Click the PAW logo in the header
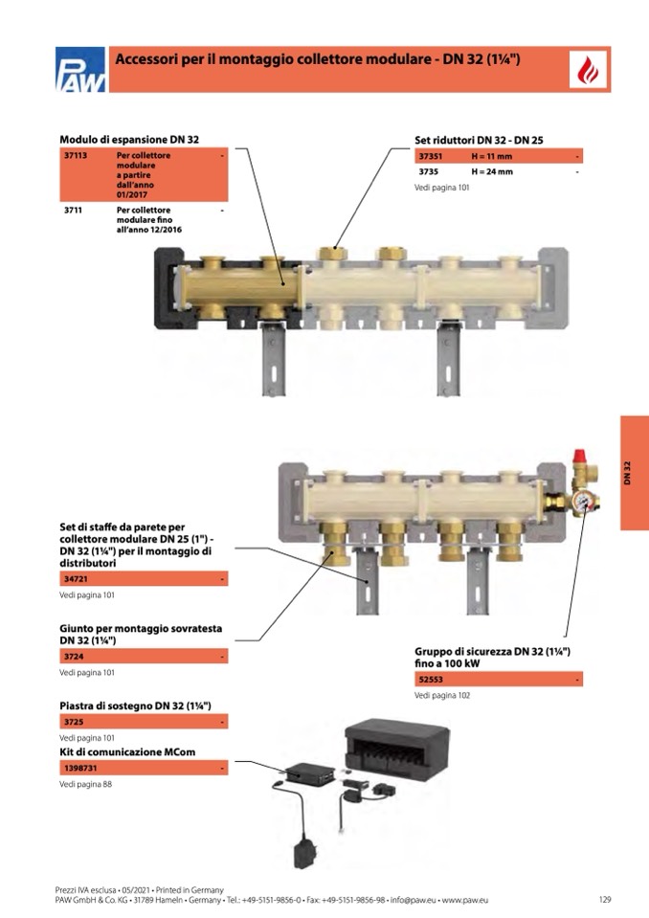tap(80, 69)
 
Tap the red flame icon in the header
tap(588, 70)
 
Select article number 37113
tap(76, 156)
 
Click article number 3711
tap(73, 211)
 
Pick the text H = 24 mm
tap(492, 172)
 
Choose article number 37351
tap(430, 156)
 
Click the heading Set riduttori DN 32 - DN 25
tap(479, 140)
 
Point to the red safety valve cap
tap(579, 456)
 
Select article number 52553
tap(431, 680)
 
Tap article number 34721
tap(76, 579)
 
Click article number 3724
tap(74, 657)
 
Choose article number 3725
tap(74, 722)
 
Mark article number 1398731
tap(80, 768)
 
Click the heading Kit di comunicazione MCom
tap(127, 751)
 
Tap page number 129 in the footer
tap(605, 899)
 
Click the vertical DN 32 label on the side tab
tap(627, 473)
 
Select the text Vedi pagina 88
tap(85, 785)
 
